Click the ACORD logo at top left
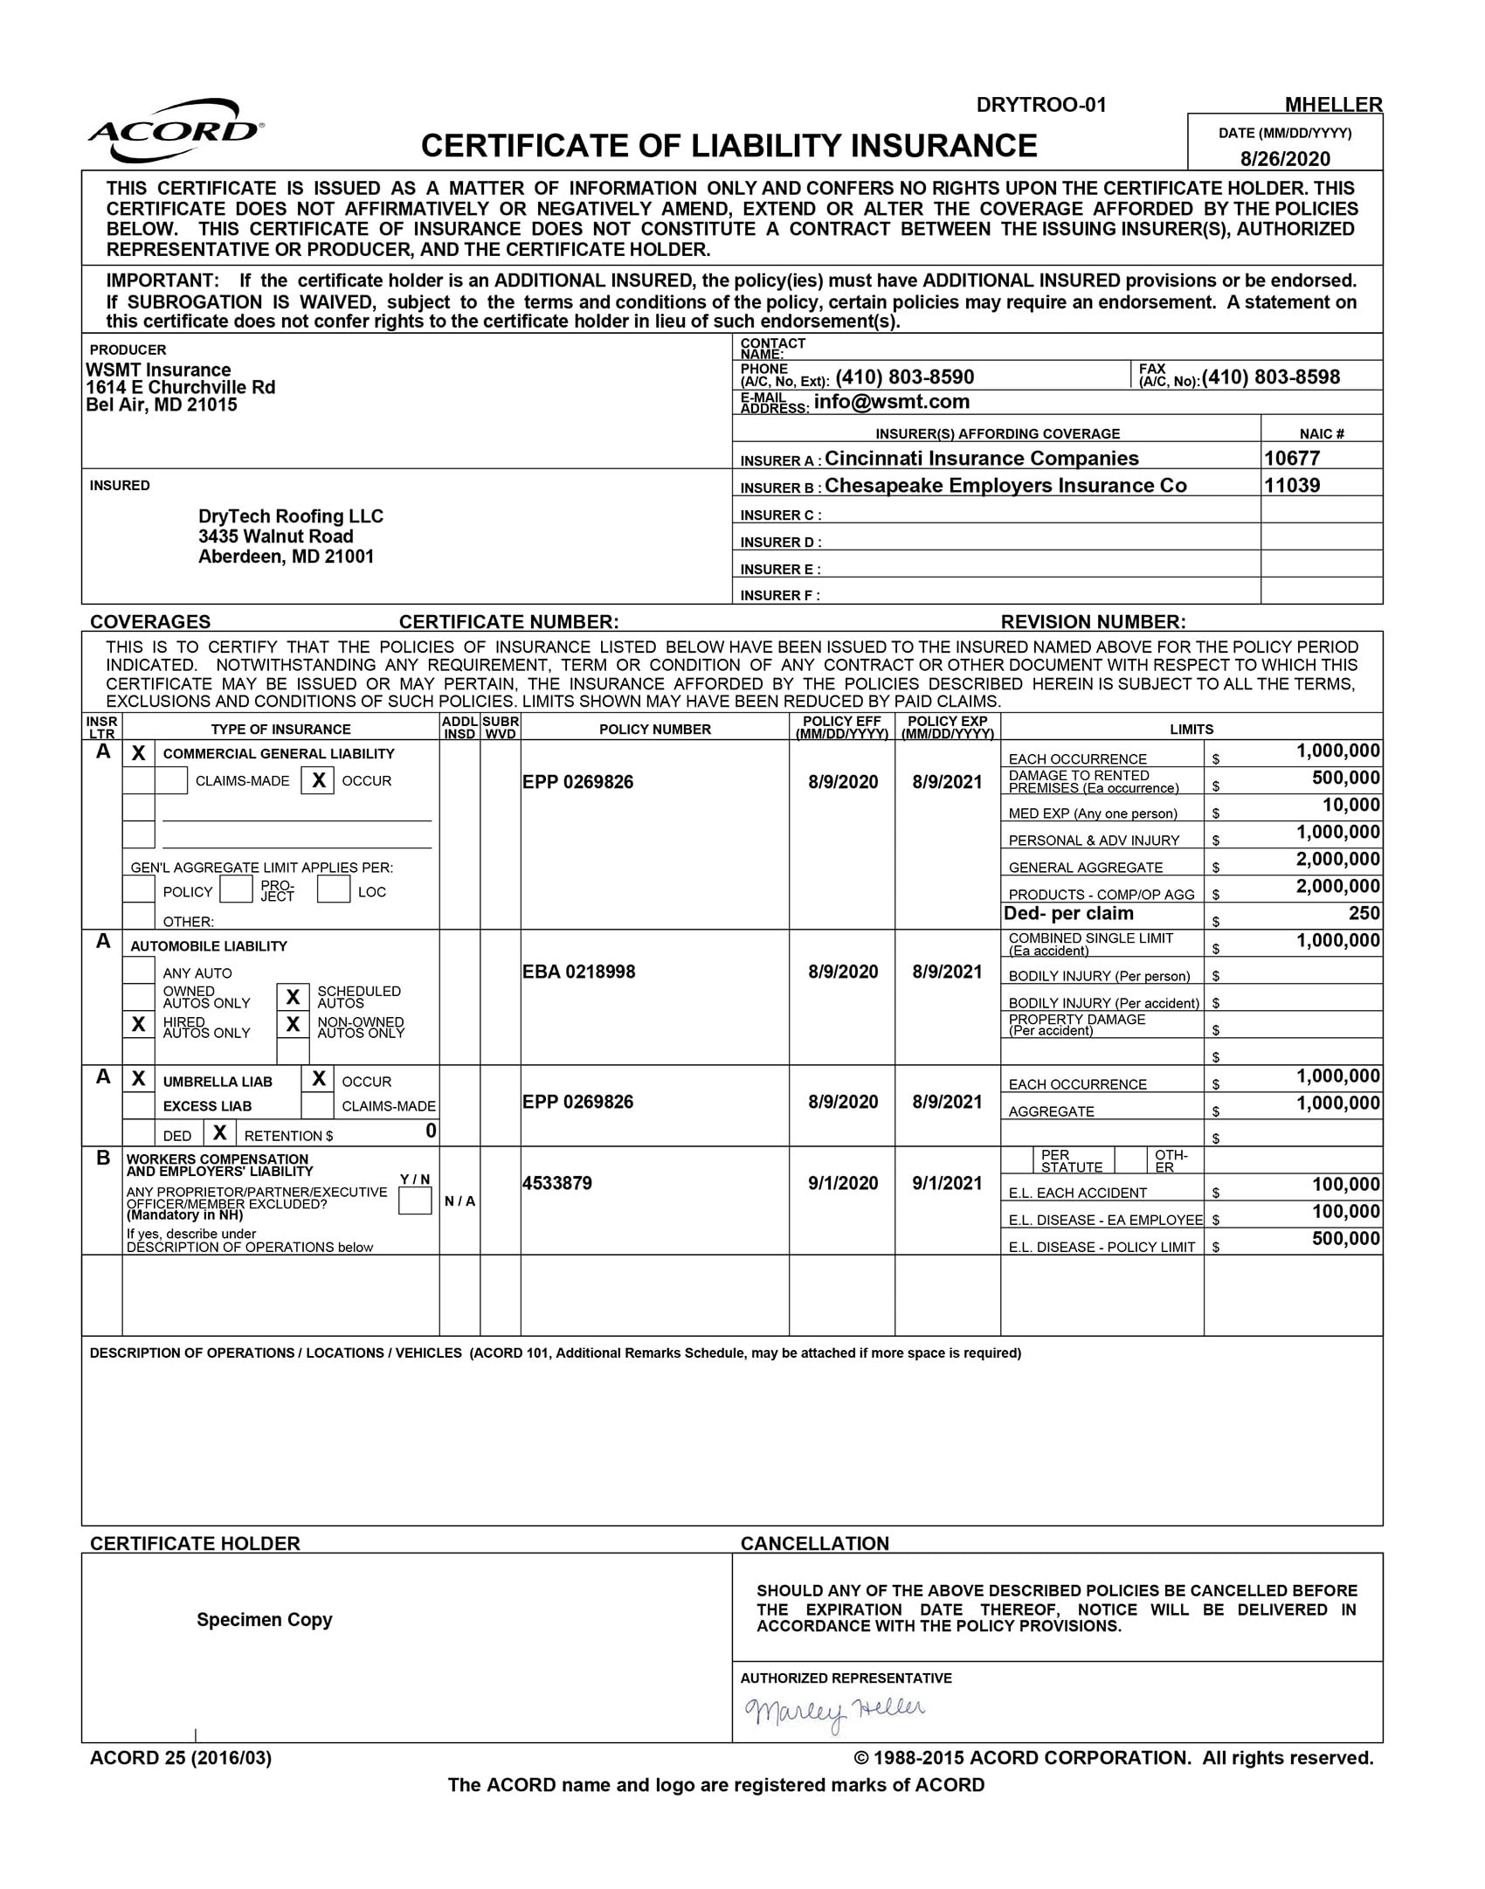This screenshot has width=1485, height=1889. click(x=176, y=131)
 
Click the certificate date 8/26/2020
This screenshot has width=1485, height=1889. click(x=1285, y=159)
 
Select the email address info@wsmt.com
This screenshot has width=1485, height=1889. click(x=891, y=402)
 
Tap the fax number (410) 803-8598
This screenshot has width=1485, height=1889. click(x=1271, y=377)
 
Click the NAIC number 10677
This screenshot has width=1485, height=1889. click(x=1292, y=459)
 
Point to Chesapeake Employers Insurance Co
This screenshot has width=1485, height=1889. click(x=1005, y=486)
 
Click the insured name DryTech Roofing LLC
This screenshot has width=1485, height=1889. click(x=291, y=516)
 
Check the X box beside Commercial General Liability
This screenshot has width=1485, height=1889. click(x=138, y=753)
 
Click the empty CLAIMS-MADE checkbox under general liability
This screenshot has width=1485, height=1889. click(x=171, y=780)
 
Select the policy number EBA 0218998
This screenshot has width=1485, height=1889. click(x=578, y=972)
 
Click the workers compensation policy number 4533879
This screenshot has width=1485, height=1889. click(x=557, y=1183)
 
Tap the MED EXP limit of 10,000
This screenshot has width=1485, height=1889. click(x=1350, y=805)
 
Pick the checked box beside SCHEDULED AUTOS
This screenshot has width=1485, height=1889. click(x=294, y=997)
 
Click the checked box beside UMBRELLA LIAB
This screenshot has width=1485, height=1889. click(x=138, y=1079)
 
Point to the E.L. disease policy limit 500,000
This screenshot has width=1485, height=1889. click(x=1345, y=1239)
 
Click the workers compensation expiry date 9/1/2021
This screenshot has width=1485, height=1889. click(x=947, y=1183)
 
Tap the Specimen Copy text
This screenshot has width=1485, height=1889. click(x=264, y=1620)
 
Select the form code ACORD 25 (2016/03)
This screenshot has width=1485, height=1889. click(x=181, y=1758)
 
